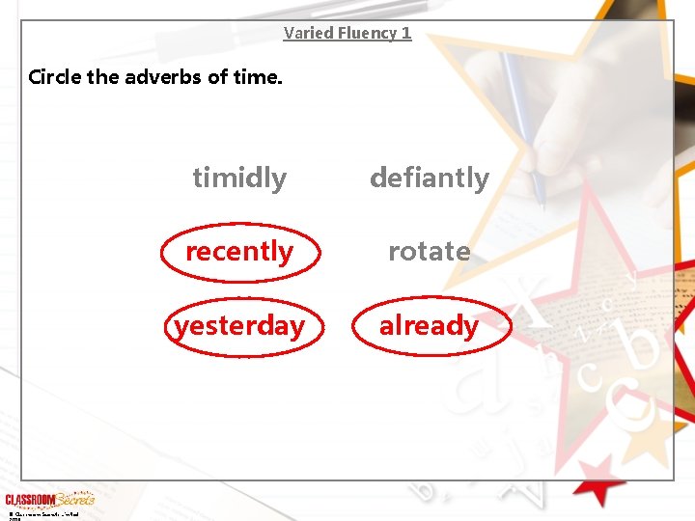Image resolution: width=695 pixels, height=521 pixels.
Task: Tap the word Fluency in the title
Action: [363, 33]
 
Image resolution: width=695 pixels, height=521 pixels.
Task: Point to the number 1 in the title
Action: [406, 33]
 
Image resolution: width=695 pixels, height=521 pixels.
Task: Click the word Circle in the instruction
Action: [55, 76]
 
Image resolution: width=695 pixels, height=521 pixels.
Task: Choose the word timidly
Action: [239, 178]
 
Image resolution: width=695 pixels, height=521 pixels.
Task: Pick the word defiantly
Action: [430, 178]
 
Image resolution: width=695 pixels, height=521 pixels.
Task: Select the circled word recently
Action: [239, 252]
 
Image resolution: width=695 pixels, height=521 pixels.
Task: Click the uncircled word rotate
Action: [430, 252]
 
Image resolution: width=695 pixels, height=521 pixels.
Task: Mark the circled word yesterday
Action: [239, 326]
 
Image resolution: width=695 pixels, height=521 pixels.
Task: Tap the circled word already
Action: [430, 326]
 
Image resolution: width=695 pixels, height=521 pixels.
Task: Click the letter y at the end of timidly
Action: [280, 180]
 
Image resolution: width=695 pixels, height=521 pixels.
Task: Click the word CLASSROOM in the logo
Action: [30, 500]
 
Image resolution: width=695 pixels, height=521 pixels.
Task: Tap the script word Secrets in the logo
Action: [75, 499]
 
